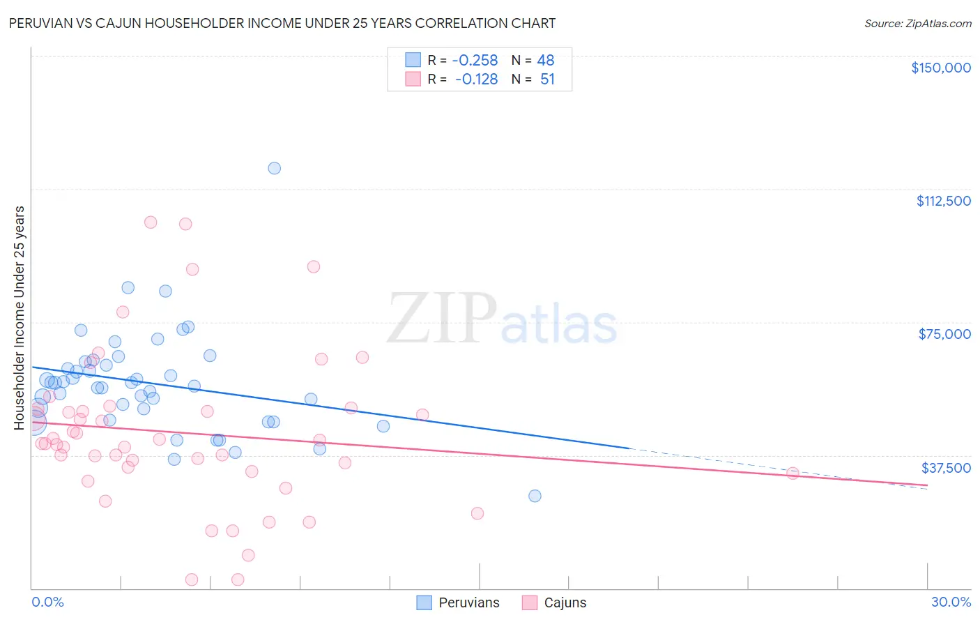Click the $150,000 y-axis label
940,68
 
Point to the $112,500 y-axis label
943,201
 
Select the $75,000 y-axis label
944,334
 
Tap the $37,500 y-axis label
945,468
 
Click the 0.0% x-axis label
47,602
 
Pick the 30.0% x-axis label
951,602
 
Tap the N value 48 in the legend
546,60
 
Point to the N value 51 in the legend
547,79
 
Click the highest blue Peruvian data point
275,168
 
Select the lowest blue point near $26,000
535,496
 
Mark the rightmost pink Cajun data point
793,473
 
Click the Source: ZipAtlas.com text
917,23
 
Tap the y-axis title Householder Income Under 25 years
20,317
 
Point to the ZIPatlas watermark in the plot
502,319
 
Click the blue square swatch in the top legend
413,60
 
